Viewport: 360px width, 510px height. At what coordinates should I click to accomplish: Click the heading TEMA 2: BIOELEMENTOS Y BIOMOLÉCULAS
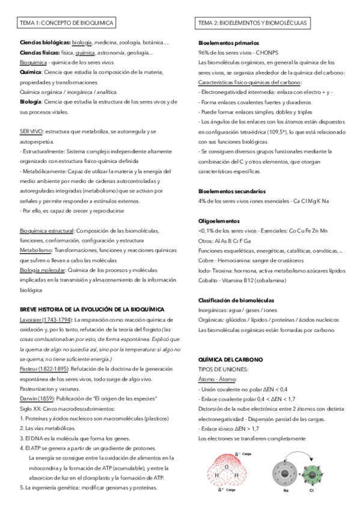[x=252, y=23]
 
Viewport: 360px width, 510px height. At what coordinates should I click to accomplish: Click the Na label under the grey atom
[x=285, y=491]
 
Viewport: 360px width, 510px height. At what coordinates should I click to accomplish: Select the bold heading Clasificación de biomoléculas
[x=236, y=300]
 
